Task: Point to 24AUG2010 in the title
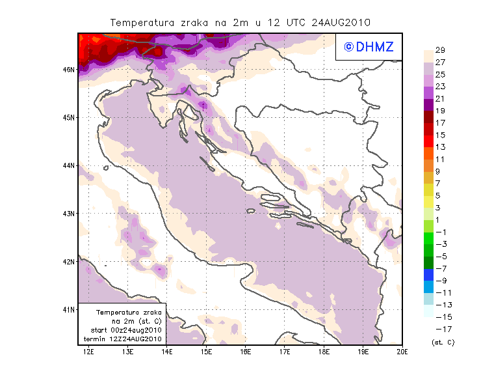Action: (341, 22)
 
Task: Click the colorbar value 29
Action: (440, 50)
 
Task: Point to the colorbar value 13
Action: (440, 147)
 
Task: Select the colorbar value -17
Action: (440, 329)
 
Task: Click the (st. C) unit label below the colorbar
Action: (443, 342)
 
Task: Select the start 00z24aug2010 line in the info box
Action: (127, 331)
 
